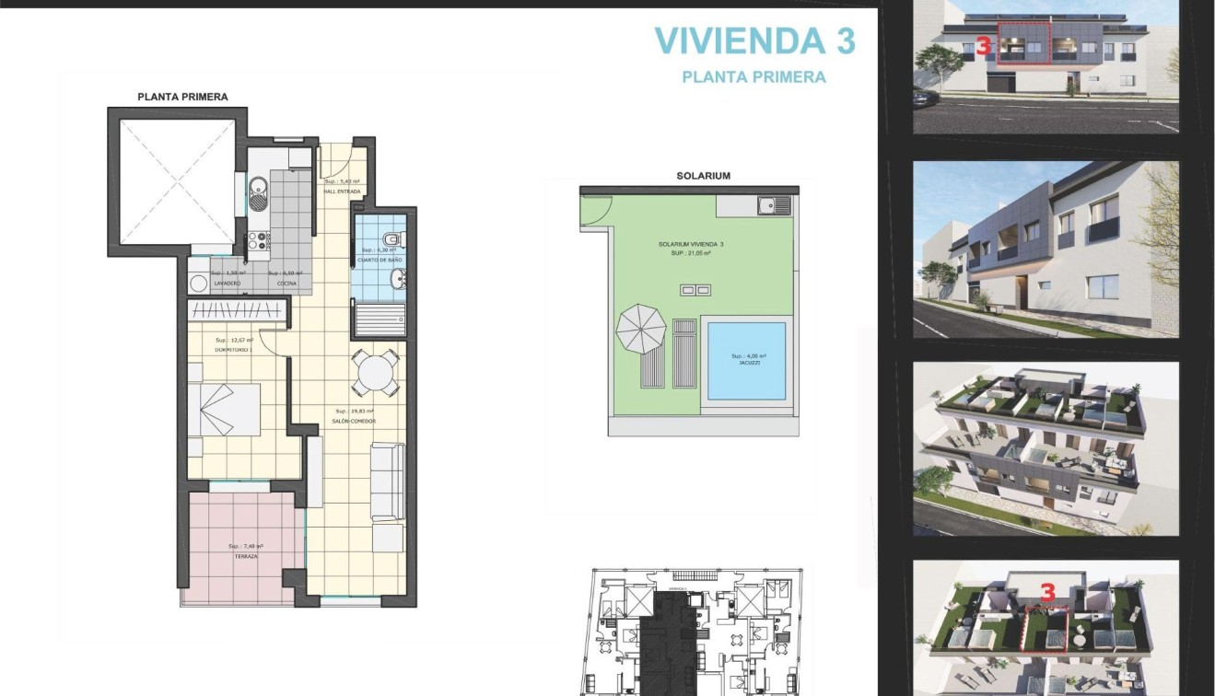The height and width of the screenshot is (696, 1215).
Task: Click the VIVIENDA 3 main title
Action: (x=754, y=41)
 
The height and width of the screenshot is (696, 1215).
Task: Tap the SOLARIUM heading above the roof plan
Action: (x=703, y=175)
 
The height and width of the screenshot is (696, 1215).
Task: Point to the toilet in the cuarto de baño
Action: (x=392, y=239)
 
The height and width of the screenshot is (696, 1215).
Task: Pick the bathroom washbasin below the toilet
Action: (x=395, y=280)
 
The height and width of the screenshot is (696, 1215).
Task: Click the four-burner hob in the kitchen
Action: (x=258, y=241)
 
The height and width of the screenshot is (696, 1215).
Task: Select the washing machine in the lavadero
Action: (x=197, y=284)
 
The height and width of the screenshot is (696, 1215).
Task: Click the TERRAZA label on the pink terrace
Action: (x=245, y=557)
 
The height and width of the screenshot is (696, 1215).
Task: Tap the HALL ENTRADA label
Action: (x=342, y=191)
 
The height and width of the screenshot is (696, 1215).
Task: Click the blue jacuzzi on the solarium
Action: (x=746, y=360)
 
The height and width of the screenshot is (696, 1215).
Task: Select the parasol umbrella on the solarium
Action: (x=640, y=324)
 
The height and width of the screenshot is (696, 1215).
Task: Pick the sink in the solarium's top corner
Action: (x=774, y=205)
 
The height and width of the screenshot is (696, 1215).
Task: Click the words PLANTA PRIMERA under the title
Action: (x=754, y=77)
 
